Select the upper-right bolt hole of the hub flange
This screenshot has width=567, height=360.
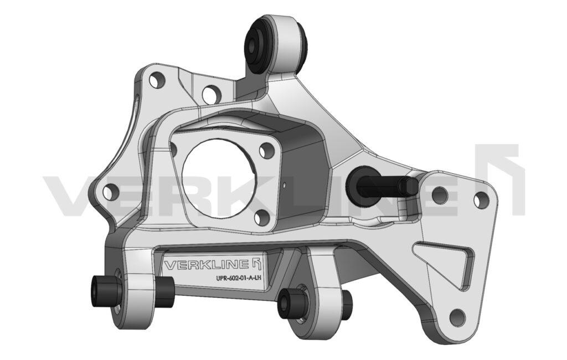(x=267, y=150)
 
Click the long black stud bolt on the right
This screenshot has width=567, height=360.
(x=382, y=184)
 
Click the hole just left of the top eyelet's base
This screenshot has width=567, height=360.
(x=211, y=95)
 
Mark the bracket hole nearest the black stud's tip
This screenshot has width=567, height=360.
(x=440, y=194)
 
